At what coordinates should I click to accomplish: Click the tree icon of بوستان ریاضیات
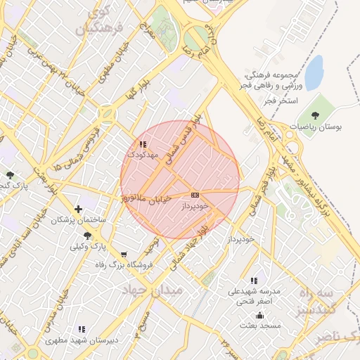pyautogui.click(x=313, y=115)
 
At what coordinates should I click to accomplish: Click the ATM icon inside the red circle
pyautogui.click(x=195, y=195)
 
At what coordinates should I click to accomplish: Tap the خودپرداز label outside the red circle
pyautogui.click(x=235, y=240)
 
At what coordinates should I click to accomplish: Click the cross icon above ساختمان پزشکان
pyautogui.click(x=78, y=209)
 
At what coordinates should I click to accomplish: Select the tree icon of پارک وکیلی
pyautogui.click(x=86, y=236)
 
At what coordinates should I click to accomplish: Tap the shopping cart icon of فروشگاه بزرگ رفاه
pyautogui.click(x=124, y=255)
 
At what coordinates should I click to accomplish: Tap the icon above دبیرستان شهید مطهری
pyautogui.click(x=82, y=329)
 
